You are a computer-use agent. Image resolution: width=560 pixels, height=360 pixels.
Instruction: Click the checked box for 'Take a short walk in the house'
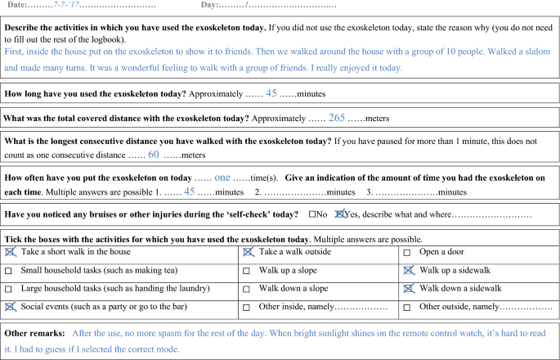point(9,252)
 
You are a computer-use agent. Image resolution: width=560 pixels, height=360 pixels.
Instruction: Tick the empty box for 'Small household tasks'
point(9,271)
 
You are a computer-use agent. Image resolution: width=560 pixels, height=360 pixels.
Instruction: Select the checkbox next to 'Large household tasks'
point(9,289)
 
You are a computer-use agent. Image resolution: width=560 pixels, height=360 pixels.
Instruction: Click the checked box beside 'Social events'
point(9,307)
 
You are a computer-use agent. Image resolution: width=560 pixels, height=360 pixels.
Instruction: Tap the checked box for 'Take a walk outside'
point(248,252)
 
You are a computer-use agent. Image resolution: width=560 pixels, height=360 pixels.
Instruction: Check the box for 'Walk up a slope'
point(248,271)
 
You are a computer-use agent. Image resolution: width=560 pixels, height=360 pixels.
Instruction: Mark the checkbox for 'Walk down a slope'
point(248,289)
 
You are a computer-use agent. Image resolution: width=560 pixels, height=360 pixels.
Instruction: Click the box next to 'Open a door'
point(407,252)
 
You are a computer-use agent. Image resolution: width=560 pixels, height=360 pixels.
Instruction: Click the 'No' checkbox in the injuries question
point(312,215)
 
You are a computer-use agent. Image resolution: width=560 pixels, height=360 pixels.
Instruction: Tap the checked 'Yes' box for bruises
point(341,215)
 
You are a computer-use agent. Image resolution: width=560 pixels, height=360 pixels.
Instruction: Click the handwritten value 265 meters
point(337,118)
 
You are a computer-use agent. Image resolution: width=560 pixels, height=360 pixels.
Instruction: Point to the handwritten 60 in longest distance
point(153,154)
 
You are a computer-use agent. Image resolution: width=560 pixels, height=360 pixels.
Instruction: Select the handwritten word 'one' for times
point(222,177)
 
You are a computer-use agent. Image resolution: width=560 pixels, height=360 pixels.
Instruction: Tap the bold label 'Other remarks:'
point(34,334)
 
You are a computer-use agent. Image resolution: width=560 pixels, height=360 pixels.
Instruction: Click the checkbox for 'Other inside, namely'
point(248,307)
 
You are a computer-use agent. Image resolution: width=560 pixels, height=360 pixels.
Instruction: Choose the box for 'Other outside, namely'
point(407,307)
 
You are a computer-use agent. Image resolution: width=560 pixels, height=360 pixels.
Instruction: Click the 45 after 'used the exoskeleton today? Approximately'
point(271,93)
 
